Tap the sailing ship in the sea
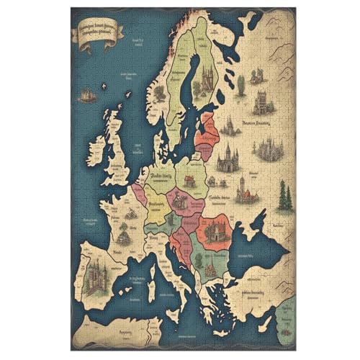86,94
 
